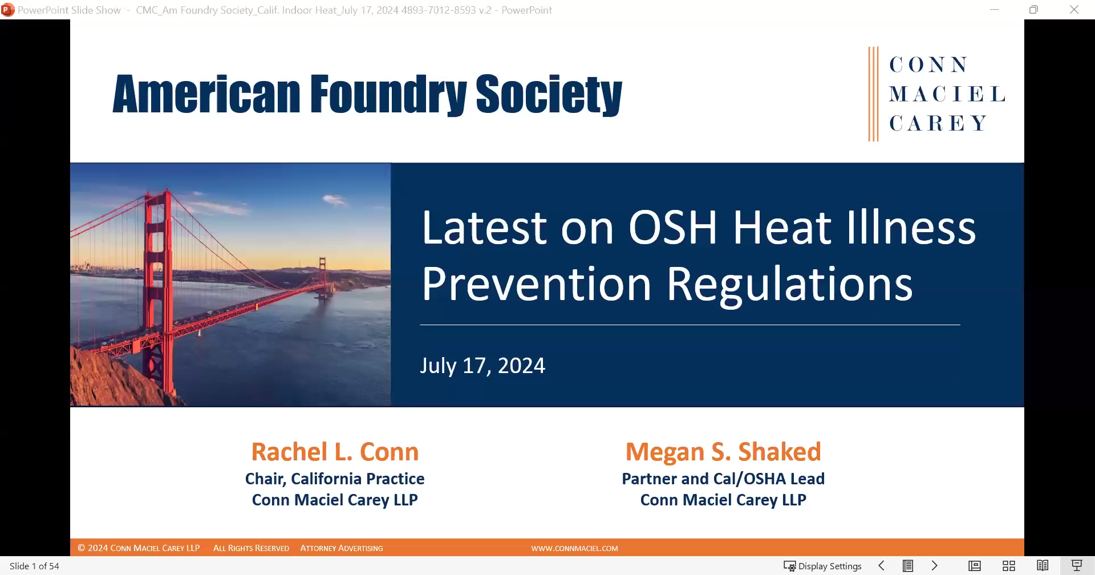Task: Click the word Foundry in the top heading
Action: [x=388, y=95]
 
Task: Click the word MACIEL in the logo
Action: [x=947, y=94]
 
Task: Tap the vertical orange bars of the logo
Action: [x=873, y=94]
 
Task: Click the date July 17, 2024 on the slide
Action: [x=482, y=366]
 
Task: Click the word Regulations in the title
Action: [x=789, y=284]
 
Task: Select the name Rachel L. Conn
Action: [x=335, y=452]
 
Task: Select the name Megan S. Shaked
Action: [x=723, y=452]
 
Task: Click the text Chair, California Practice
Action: [x=335, y=479]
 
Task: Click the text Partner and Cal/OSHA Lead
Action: [x=723, y=479]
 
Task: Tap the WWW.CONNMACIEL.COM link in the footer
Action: [x=574, y=548]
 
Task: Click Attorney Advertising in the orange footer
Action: [x=342, y=548]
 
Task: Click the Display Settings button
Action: [x=822, y=566]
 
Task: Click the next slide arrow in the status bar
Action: [x=934, y=566]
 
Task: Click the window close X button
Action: [x=1074, y=10]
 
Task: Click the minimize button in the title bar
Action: [x=995, y=10]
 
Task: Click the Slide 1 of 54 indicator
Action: [x=34, y=566]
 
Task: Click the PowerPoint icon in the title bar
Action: [x=7, y=10]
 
